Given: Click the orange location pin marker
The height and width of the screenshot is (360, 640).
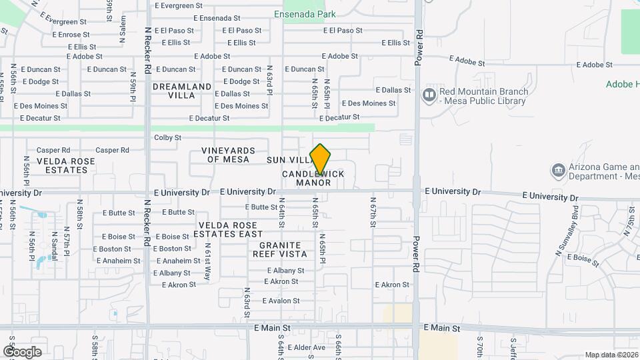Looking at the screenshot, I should click(321, 159).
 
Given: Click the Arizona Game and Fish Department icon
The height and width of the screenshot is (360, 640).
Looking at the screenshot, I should click(557, 171).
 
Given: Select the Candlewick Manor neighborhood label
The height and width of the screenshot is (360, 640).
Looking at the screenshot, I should click(313, 178).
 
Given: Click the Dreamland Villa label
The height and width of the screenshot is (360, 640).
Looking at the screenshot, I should click(182, 91).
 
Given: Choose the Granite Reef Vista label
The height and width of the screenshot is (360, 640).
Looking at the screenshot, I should click(283, 249).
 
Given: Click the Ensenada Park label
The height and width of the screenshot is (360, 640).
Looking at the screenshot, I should click(305, 14).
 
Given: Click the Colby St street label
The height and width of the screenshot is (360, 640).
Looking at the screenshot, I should click(167, 138).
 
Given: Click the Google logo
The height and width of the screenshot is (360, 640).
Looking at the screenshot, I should click(22, 351).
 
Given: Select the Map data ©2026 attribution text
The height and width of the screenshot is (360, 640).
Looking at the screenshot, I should click(611, 355).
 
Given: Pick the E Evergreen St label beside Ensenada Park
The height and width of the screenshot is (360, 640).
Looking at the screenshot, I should click(179, 5).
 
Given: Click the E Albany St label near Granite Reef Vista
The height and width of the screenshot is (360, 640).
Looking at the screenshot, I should click(285, 271).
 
